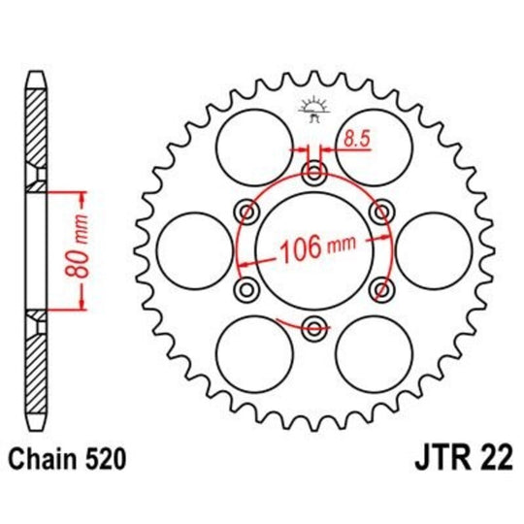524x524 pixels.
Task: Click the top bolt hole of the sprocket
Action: click(313, 175)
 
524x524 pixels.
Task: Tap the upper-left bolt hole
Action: click(248, 212)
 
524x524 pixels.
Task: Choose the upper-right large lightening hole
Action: click(374, 146)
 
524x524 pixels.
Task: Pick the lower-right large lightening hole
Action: click(374, 353)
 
